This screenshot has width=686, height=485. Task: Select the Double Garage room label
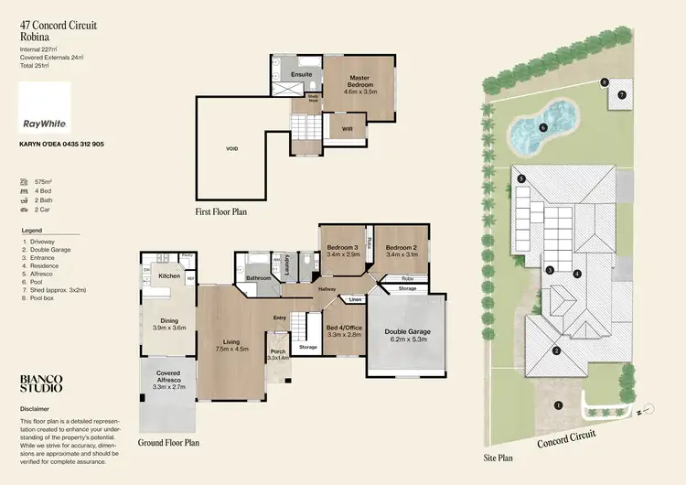(x=408, y=335)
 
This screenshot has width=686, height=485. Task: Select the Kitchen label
(x=170, y=275)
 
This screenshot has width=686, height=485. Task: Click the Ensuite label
(x=302, y=74)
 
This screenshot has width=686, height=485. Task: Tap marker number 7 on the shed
(x=622, y=94)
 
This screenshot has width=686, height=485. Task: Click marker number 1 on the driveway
(x=558, y=404)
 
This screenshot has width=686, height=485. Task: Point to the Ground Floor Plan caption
(x=168, y=442)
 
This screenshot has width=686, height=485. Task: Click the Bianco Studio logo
(x=42, y=383)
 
